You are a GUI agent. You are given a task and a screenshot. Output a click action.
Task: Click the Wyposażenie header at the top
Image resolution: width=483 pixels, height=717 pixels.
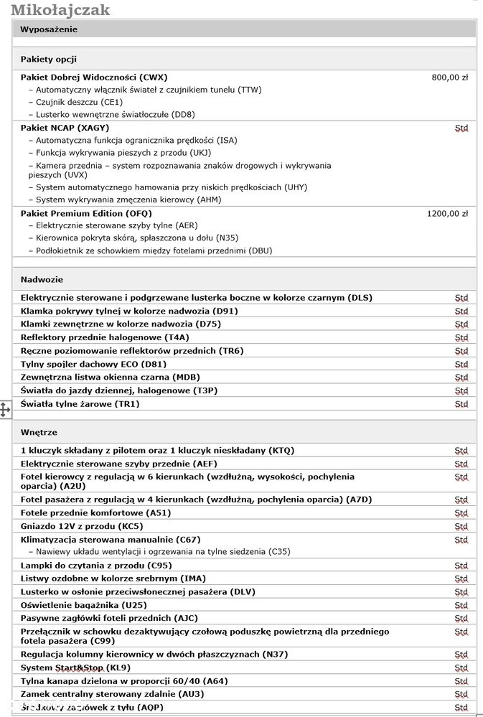(x=49, y=29)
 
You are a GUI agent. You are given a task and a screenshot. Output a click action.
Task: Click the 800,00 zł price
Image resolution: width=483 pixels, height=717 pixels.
(x=450, y=78)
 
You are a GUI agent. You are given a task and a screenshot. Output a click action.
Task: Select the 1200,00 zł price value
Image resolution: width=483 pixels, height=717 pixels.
(x=447, y=213)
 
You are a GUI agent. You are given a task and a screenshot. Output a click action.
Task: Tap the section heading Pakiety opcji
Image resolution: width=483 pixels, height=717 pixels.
(x=49, y=59)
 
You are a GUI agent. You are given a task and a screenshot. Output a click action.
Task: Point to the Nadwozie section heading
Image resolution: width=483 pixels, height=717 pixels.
(x=42, y=279)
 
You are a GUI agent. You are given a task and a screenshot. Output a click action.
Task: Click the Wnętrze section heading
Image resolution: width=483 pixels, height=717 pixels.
(x=39, y=432)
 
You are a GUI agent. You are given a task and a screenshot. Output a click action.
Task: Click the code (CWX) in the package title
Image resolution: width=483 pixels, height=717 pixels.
(x=154, y=78)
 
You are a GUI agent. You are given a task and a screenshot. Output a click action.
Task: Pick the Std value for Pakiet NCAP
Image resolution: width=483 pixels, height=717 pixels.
(x=461, y=128)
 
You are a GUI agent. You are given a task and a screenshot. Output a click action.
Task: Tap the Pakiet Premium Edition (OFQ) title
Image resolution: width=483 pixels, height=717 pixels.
(x=86, y=213)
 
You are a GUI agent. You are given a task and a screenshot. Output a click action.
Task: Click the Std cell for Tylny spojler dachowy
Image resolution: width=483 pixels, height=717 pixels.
(x=461, y=365)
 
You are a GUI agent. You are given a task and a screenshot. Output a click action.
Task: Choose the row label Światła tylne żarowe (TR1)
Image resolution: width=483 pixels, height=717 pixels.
(x=80, y=404)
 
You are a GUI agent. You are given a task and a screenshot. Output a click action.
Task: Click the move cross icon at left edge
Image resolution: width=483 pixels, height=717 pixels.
(x=5, y=410)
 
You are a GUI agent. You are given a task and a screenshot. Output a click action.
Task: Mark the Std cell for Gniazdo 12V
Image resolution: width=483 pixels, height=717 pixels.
(x=461, y=527)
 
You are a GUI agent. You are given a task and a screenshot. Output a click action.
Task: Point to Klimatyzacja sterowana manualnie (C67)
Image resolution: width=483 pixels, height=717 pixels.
(x=111, y=539)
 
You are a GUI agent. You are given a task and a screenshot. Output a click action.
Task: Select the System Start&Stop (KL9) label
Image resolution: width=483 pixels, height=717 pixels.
(x=75, y=667)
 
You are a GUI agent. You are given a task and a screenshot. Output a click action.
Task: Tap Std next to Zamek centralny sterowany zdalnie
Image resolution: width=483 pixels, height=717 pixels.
(x=461, y=695)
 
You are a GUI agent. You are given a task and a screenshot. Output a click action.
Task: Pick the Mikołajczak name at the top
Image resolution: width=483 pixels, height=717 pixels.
(x=60, y=9)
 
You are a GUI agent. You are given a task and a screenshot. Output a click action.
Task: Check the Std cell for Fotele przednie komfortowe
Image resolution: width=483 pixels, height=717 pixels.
(x=461, y=514)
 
